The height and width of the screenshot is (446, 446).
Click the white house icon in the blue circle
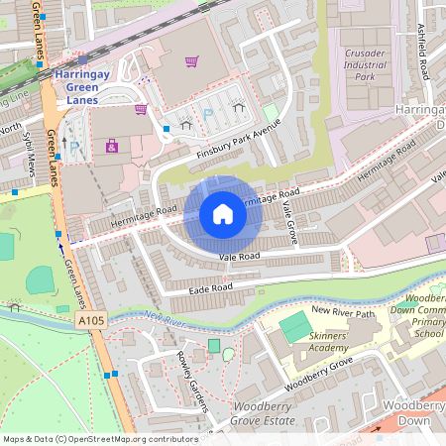(223, 213)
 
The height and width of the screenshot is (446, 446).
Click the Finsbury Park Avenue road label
(239, 139)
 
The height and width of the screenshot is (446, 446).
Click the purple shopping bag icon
(111, 147)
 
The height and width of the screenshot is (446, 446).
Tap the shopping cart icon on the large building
(191, 60)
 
